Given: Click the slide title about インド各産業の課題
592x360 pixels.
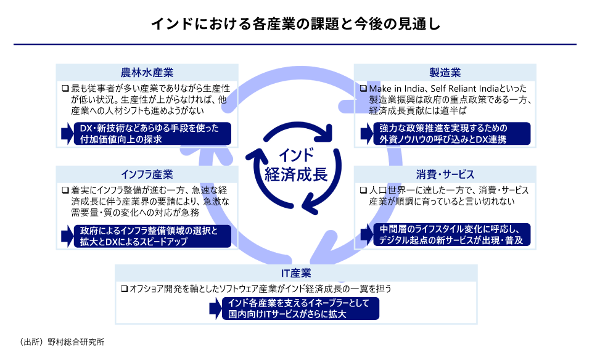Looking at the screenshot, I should (x=295, y=25).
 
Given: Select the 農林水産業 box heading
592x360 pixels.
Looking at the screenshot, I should (x=147, y=72).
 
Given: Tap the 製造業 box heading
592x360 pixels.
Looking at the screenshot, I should (x=445, y=72).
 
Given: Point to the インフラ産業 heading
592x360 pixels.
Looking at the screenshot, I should (x=147, y=173).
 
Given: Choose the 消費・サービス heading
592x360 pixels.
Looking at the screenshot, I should (x=445, y=173).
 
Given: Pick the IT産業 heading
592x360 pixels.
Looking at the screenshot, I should (x=296, y=272).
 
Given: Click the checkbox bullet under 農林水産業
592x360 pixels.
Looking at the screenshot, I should (x=65, y=89).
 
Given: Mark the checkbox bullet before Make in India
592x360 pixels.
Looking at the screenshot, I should (x=364, y=89).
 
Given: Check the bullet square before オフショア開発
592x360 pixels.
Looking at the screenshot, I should (x=124, y=288).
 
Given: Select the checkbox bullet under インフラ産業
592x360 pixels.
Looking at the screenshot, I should (x=65, y=190).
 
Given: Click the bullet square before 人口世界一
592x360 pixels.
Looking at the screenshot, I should (x=364, y=190).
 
